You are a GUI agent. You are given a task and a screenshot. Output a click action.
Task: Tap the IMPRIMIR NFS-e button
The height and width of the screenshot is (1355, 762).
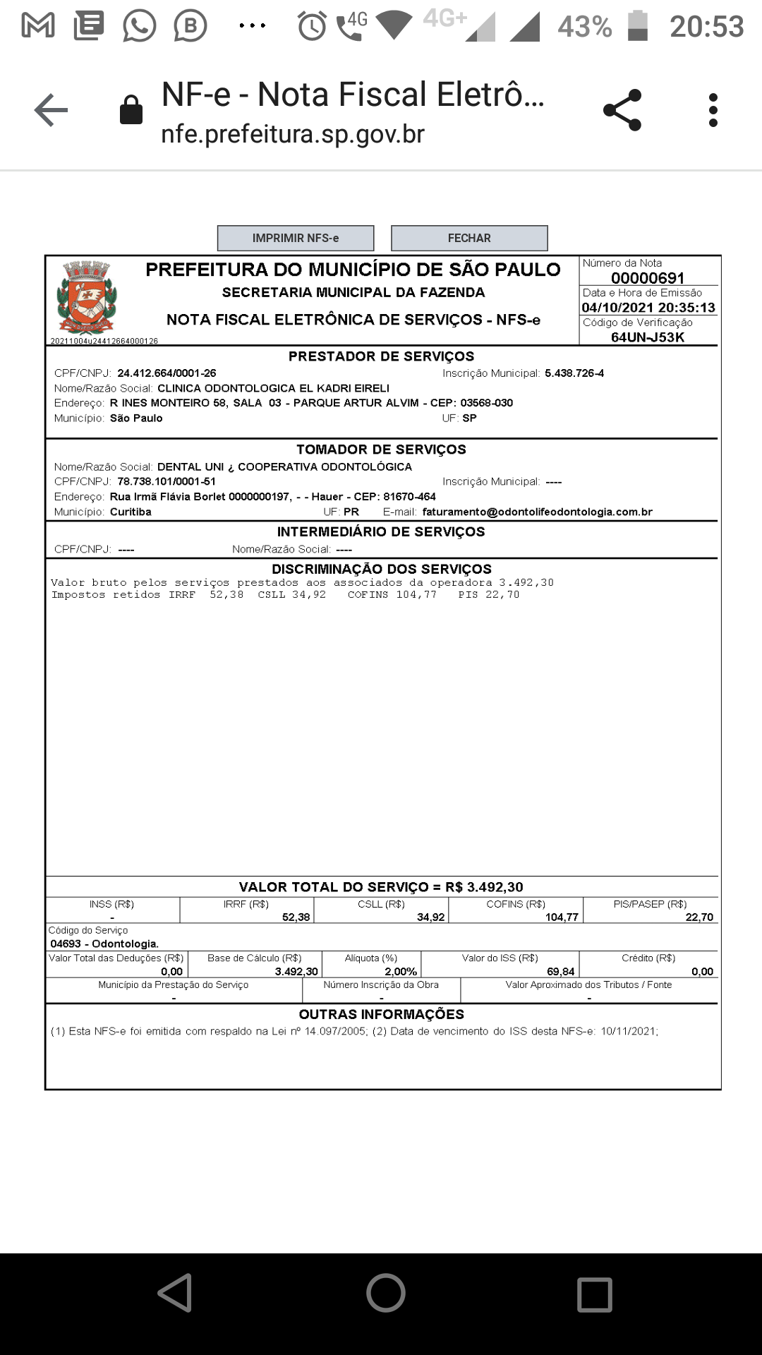(x=295, y=239)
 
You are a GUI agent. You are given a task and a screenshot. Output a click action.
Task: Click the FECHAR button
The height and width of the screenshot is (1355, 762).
(x=469, y=239)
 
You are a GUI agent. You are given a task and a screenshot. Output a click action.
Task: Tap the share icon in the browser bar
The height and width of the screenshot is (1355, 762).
(x=622, y=110)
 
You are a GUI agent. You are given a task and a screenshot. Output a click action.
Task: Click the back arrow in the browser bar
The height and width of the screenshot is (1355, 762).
(x=51, y=110)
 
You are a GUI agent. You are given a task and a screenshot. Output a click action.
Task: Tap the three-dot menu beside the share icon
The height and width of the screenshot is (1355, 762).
(x=713, y=110)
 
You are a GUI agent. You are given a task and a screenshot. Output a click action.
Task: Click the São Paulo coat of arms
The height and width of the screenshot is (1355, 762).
(x=87, y=296)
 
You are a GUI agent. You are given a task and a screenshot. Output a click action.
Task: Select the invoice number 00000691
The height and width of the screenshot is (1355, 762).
(x=648, y=278)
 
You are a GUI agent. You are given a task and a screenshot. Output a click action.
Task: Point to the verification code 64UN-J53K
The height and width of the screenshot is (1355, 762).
(x=648, y=337)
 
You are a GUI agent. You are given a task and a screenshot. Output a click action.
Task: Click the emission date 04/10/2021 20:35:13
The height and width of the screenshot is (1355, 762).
(x=648, y=308)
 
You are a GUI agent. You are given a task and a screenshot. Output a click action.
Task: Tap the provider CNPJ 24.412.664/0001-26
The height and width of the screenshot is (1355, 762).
(x=167, y=373)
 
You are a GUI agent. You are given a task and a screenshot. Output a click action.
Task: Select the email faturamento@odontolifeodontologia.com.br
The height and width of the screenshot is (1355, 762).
(x=537, y=512)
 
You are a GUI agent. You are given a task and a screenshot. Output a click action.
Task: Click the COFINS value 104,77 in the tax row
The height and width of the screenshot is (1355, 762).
(x=562, y=917)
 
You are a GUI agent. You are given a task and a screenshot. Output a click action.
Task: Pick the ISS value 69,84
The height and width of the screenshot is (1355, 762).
(x=560, y=972)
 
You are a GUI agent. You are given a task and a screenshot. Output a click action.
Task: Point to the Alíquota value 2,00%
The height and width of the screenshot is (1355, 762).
(x=401, y=972)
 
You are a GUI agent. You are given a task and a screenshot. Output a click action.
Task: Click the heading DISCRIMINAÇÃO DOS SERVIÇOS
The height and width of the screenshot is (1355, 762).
(x=382, y=569)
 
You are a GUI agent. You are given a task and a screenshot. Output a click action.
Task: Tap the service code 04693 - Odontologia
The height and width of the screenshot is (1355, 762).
(x=104, y=944)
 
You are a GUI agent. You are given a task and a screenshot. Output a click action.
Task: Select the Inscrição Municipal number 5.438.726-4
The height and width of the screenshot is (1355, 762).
(x=574, y=373)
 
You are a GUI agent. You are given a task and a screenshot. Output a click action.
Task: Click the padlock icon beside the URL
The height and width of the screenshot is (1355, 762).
(x=131, y=110)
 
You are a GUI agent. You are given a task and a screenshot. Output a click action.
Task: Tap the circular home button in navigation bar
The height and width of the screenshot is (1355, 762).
(x=385, y=1293)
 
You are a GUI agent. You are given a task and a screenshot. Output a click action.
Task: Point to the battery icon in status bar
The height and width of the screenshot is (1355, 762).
(x=638, y=26)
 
